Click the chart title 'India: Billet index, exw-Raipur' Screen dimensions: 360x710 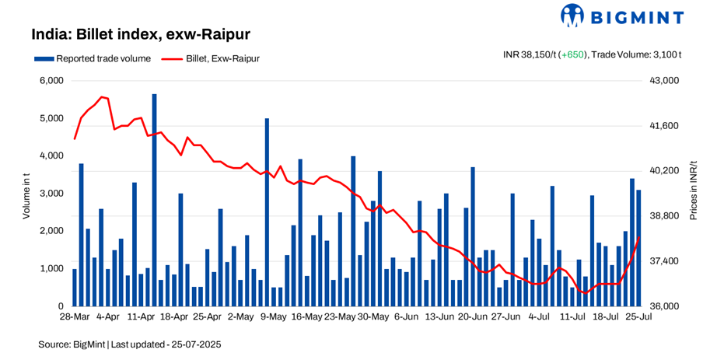click(x=140, y=35)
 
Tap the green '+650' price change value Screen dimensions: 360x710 click(x=574, y=54)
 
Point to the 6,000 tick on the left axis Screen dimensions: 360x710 click(x=51, y=81)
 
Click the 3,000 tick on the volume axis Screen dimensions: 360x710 click(x=51, y=194)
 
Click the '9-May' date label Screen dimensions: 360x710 click(x=273, y=317)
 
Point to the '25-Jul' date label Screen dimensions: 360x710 click(x=638, y=317)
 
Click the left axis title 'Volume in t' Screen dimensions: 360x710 click(x=26, y=194)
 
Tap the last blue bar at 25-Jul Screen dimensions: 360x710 click(x=638, y=248)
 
